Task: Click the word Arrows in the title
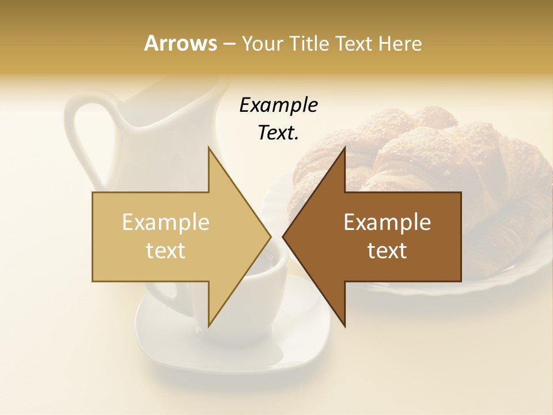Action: [x=180, y=43]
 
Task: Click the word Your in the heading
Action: [x=261, y=44]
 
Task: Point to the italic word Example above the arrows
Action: [x=278, y=105]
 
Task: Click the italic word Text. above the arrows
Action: [x=278, y=133]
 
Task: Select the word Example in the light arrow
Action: [x=166, y=222]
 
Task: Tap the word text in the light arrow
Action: [x=166, y=251]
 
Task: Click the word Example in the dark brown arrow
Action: [x=387, y=222]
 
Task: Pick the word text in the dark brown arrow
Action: [x=387, y=251]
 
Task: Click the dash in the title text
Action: [x=229, y=44]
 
